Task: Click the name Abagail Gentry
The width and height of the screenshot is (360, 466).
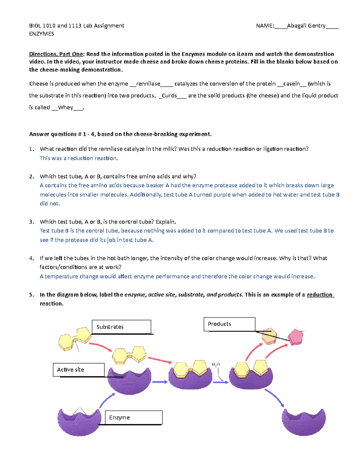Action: (x=306, y=26)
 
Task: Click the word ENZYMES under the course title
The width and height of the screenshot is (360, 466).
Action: (x=41, y=34)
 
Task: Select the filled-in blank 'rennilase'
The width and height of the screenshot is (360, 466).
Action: (x=148, y=84)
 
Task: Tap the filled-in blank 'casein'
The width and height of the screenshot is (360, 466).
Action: (x=291, y=84)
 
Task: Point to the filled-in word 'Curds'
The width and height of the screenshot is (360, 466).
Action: (x=169, y=96)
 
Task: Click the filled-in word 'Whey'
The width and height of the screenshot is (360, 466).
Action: (x=65, y=107)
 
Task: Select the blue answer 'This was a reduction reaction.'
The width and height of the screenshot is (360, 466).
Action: (x=79, y=158)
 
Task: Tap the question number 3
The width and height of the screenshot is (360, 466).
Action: (x=31, y=222)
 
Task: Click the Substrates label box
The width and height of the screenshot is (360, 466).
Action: (x=121, y=327)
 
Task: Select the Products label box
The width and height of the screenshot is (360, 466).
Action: (x=229, y=324)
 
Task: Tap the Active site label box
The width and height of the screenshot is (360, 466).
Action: (x=79, y=370)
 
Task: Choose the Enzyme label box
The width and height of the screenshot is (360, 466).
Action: (x=134, y=417)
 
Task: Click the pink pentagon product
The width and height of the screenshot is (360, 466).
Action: (x=295, y=337)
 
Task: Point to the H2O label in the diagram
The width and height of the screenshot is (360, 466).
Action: (x=216, y=365)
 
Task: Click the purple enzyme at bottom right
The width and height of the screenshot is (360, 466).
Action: (x=304, y=422)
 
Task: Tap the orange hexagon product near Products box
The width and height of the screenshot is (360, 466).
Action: (x=269, y=336)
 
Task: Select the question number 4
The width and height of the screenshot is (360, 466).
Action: (x=31, y=258)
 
